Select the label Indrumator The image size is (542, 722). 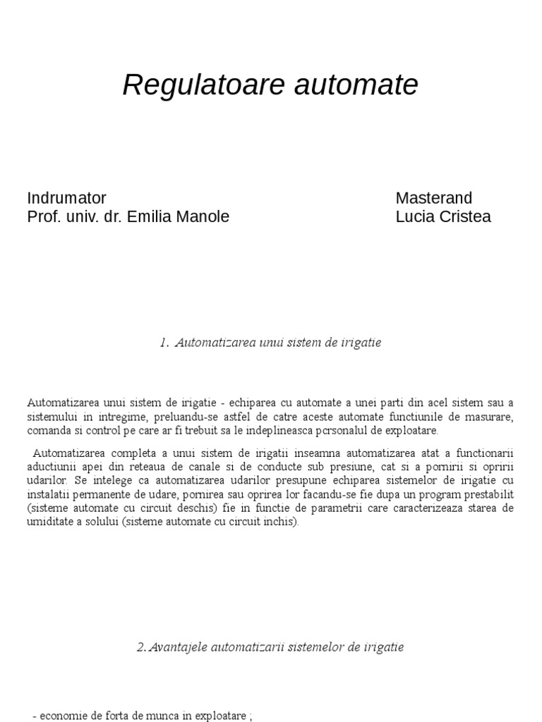point(66,198)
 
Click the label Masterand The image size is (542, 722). point(434,198)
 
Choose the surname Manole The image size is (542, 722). point(205,216)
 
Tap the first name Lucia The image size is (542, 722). point(414,216)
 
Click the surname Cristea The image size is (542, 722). point(464,216)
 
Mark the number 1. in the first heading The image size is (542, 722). point(164,343)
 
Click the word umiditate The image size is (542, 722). point(53,522)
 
